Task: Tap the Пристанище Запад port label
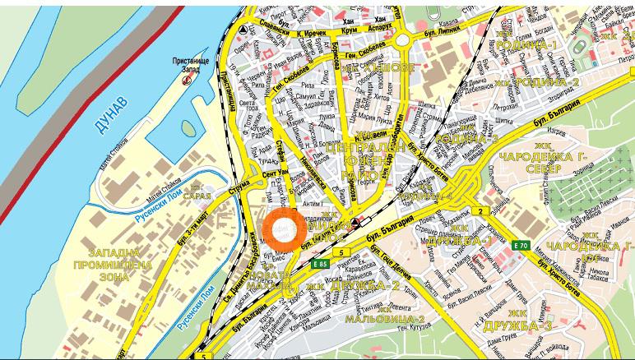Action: [x=190, y=65]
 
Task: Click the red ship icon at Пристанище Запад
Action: [x=186, y=81]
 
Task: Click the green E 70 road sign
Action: [x=519, y=246]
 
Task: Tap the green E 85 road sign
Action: [x=321, y=263]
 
